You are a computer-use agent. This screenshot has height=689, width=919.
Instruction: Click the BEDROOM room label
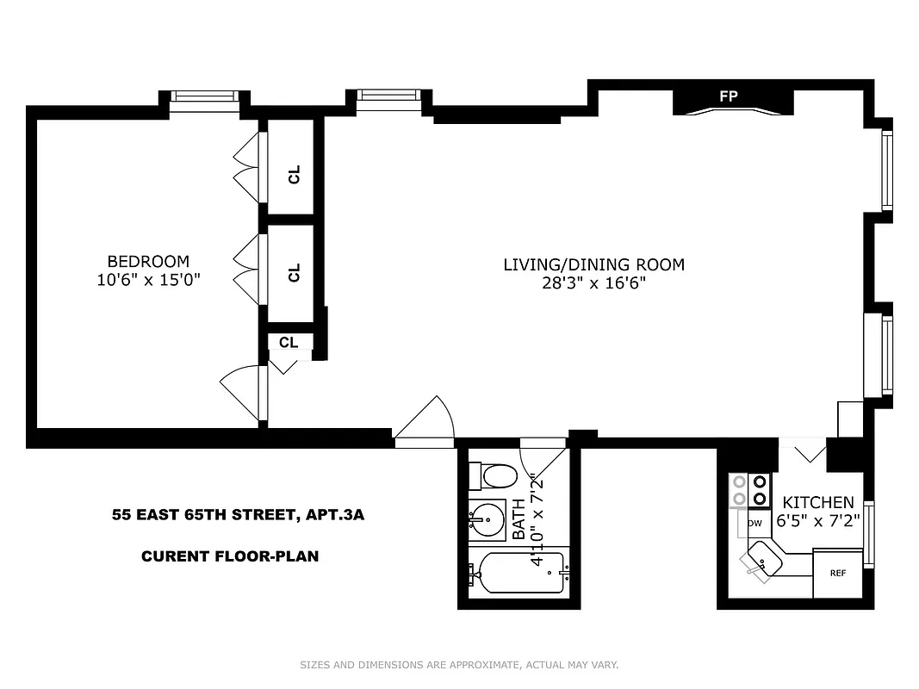[x=147, y=261]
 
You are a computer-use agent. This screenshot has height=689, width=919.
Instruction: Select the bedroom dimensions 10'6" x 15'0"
[x=147, y=279]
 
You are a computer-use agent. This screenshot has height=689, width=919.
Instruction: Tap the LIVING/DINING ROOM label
[x=593, y=264]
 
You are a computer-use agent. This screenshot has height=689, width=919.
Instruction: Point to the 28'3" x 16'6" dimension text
[x=593, y=282]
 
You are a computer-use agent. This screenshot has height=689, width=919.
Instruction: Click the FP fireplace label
[x=729, y=96]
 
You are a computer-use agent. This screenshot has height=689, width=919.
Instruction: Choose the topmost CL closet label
[x=295, y=175]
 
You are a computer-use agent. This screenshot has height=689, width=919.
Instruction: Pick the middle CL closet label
[x=295, y=273]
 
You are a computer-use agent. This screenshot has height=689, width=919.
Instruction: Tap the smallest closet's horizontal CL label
[x=289, y=342]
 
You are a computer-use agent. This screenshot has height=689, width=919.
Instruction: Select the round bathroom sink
[x=488, y=519]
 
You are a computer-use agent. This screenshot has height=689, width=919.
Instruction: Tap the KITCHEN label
[x=817, y=502]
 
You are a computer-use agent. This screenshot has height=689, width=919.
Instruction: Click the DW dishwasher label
[x=755, y=523]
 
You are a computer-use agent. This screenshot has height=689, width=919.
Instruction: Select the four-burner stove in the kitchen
[x=749, y=490]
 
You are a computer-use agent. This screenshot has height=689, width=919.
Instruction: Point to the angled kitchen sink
[x=762, y=562]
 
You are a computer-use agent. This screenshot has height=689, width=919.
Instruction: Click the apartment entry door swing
[x=426, y=424]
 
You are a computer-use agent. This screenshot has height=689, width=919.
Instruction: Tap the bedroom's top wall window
[x=203, y=96]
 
